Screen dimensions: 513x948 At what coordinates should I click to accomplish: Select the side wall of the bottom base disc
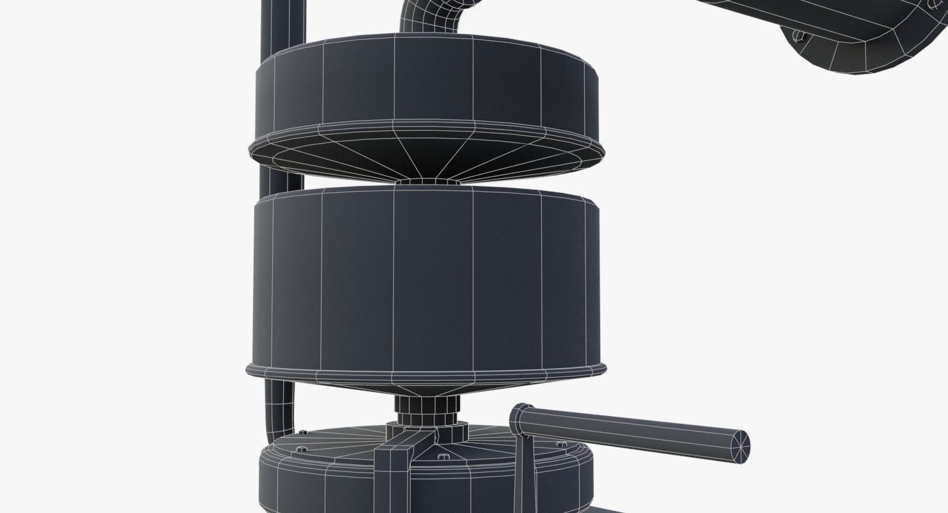(320, 487)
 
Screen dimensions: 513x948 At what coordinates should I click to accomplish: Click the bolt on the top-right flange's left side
(798, 36)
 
